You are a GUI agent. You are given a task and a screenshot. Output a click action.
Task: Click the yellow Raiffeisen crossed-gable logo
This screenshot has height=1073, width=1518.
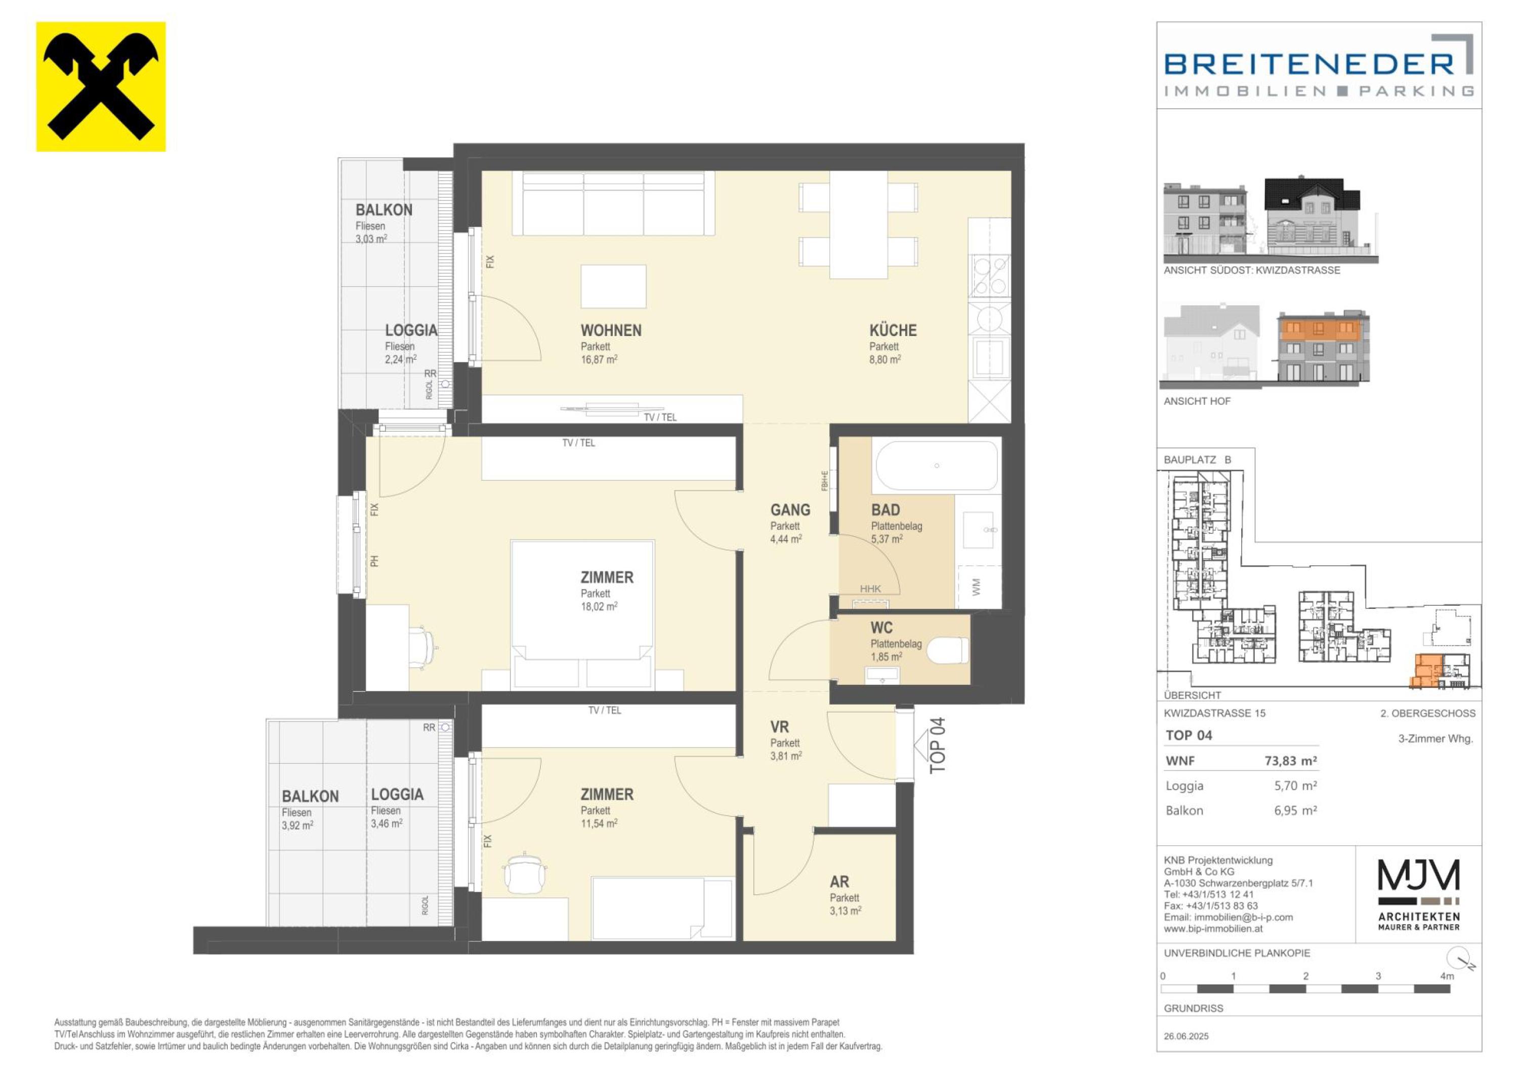[x=101, y=87]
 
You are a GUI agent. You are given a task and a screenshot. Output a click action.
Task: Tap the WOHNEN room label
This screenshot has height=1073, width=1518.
[x=611, y=331]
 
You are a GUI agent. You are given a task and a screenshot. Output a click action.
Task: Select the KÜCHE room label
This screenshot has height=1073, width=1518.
[x=893, y=331]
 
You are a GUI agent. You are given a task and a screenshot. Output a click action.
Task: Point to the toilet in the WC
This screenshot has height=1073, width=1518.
[x=947, y=650]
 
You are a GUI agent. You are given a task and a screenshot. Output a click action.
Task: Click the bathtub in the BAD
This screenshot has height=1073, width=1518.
[x=936, y=466]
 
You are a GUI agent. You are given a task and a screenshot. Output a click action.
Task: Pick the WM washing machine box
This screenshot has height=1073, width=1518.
[x=978, y=587]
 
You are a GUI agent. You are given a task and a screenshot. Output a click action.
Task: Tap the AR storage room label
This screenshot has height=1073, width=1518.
[x=839, y=882]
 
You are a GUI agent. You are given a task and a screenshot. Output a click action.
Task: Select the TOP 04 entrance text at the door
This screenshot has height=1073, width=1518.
[x=938, y=745]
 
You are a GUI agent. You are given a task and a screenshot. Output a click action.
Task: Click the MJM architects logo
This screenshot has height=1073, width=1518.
[x=1419, y=895]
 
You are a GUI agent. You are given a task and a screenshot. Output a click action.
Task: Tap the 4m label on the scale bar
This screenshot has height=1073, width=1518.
[x=1447, y=976]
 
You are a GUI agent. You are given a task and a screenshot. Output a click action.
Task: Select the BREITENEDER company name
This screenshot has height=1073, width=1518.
[x=1309, y=64]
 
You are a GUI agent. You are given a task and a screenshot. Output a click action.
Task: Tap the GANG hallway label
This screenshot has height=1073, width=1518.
[x=790, y=510]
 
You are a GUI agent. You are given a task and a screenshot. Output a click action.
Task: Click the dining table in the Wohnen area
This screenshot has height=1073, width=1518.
[x=859, y=225]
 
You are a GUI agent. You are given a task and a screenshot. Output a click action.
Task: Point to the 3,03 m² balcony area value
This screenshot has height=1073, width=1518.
[x=371, y=239]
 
